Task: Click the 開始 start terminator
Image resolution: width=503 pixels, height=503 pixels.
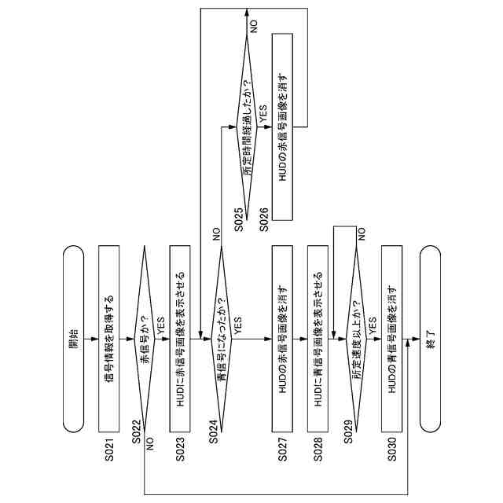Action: (x=73, y=339)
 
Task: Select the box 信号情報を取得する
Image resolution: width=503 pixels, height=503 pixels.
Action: (x=111, y=339)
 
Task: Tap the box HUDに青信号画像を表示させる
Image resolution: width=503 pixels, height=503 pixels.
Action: (x=319, y=339)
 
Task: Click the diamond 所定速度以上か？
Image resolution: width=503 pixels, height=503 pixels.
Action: (x=355, y=339)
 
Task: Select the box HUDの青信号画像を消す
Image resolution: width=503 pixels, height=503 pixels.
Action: (x=392, y=339)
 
